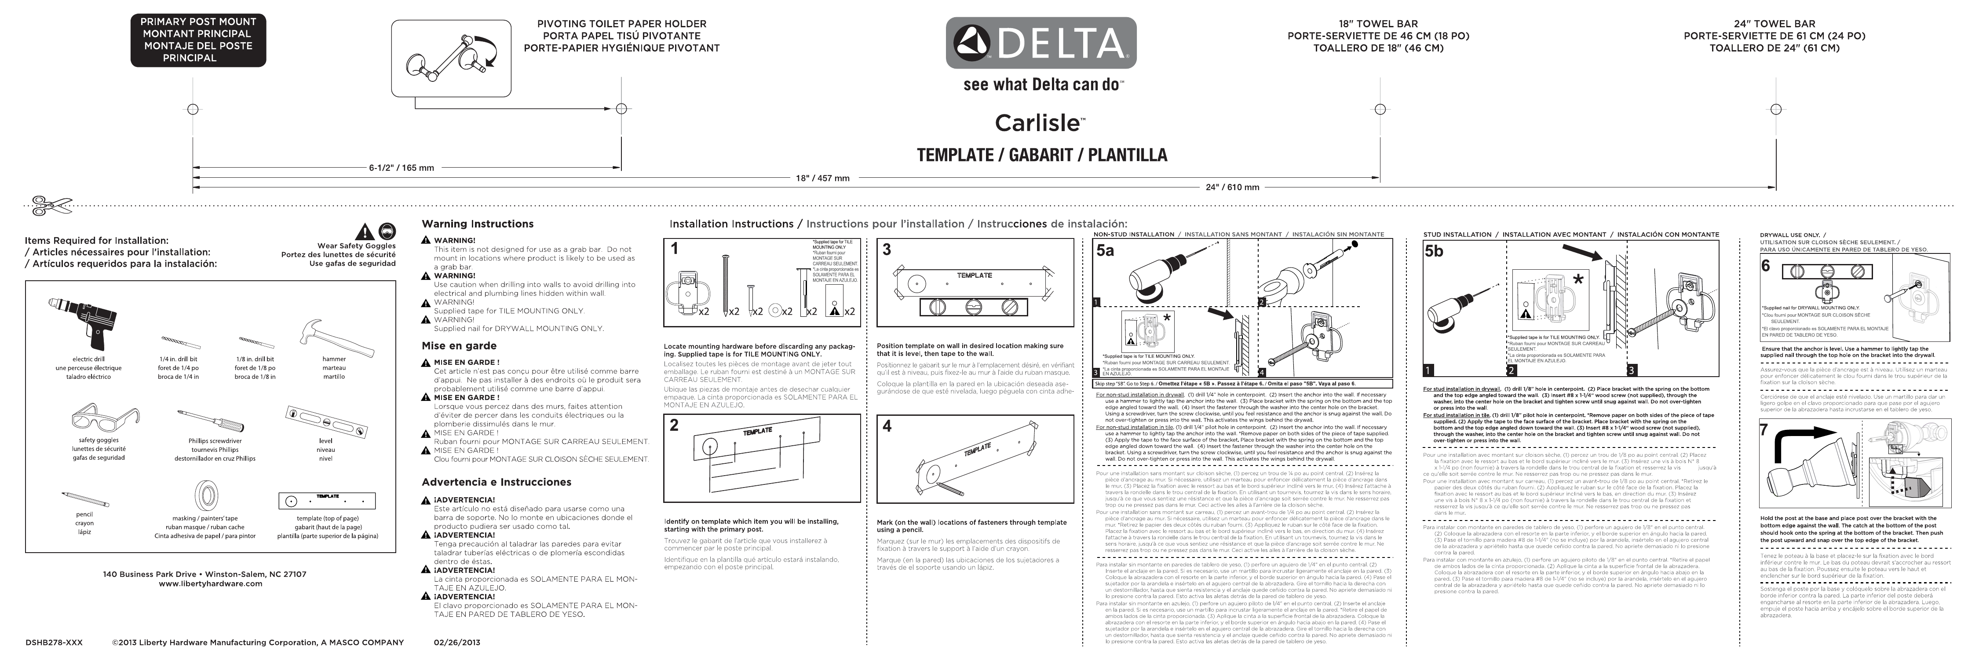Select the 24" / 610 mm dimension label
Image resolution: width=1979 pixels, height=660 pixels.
pos(1232,187)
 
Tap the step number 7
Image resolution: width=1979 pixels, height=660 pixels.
pos(1765,430)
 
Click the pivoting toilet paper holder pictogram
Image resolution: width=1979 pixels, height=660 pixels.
pos(451,59)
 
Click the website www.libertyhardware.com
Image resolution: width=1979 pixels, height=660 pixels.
pos(210,583)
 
